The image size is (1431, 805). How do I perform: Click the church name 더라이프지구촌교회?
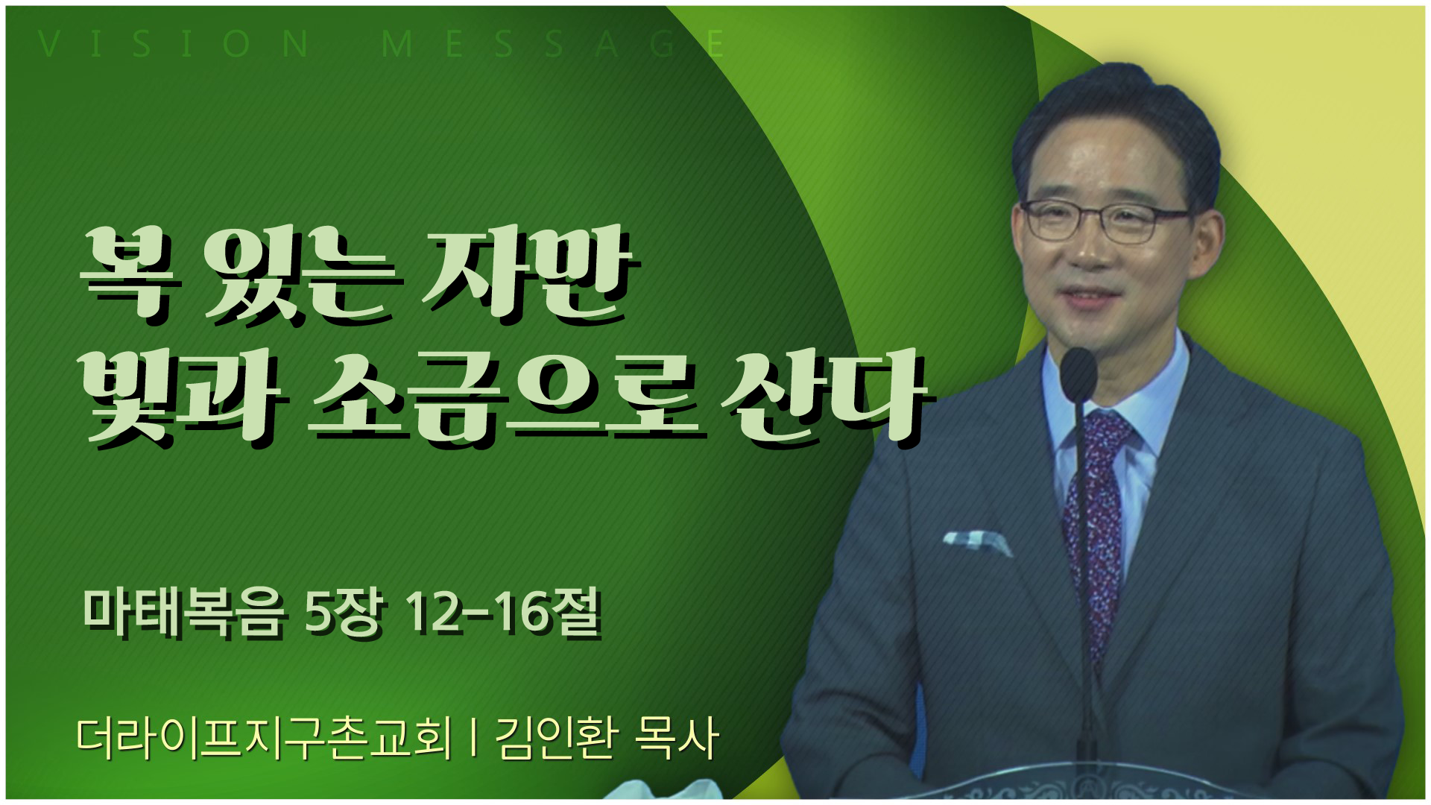coord(265,739)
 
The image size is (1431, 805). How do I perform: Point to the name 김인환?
coord(556,739)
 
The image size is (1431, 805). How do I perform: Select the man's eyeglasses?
coord(1108,220)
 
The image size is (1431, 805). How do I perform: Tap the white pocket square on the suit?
coord(976,542)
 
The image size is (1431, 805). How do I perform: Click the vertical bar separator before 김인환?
coord(474,739)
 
